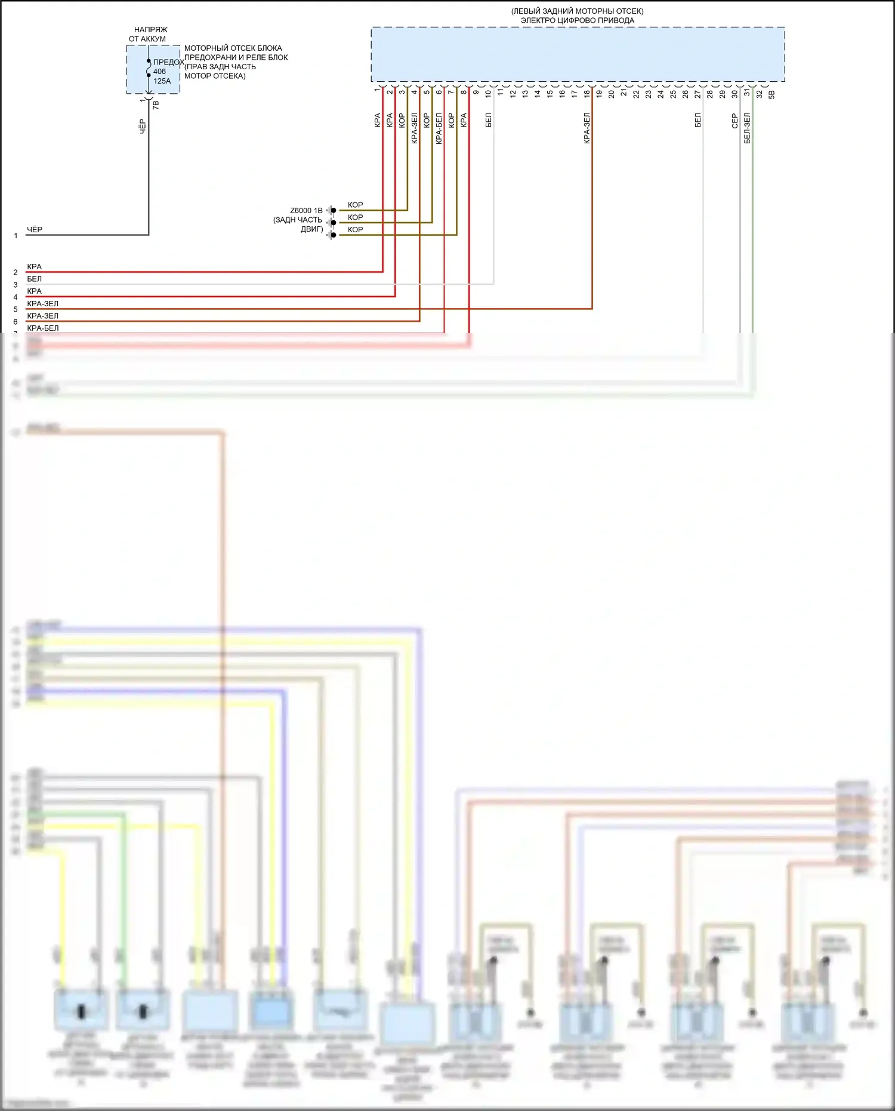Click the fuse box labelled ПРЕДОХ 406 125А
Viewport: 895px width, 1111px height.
pyautogui.click(x=153, y=69)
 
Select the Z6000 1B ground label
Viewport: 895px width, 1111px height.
pyautogui.click(x=306, y=211)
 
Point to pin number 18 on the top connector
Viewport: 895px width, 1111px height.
pyautogui.click(x=587, y=93)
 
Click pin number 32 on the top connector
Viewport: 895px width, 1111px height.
pyautogui.click(x=760, y=93)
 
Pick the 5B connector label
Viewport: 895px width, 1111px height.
pyautogui.click(x=771, y=94)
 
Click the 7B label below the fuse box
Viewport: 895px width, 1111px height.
pyautogui.click(x=156, y=104)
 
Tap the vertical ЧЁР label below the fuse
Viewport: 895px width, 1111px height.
pyautogui.click(x=143, y=126)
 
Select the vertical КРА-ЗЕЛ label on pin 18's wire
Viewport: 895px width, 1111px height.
pyautogui.click(x=587, y=128)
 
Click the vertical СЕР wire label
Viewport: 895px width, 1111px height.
pyautogui.click(x=735, y=121)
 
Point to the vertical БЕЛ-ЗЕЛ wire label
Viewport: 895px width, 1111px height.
pyautogui.click(x=747, y=128)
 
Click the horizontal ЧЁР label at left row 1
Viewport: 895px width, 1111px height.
pyautogui.click(x=35, y=230)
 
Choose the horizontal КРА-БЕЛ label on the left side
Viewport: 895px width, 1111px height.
pyautogui.click(x=43, y=328)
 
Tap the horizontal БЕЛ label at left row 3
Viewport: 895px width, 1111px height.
pyautogui.click(x=35, y=279)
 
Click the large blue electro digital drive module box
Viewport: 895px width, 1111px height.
pyautogui.click(x=578, y=54)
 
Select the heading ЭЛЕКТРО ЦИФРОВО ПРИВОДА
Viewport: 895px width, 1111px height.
pyautogui.click(x=578, y=20)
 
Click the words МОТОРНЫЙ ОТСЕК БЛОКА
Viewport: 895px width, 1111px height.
pyautogui.click(x=233, y=48)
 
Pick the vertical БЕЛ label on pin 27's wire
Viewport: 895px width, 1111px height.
pyautogui.click(x=698, y=121)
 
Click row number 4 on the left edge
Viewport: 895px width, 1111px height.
pyautogui.click(x=16, y=297)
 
